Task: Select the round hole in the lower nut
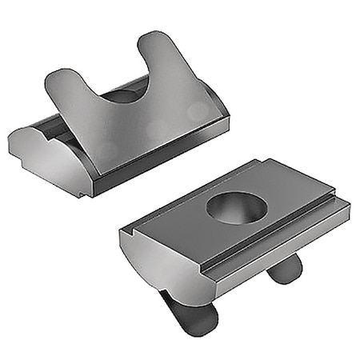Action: point(235,208)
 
